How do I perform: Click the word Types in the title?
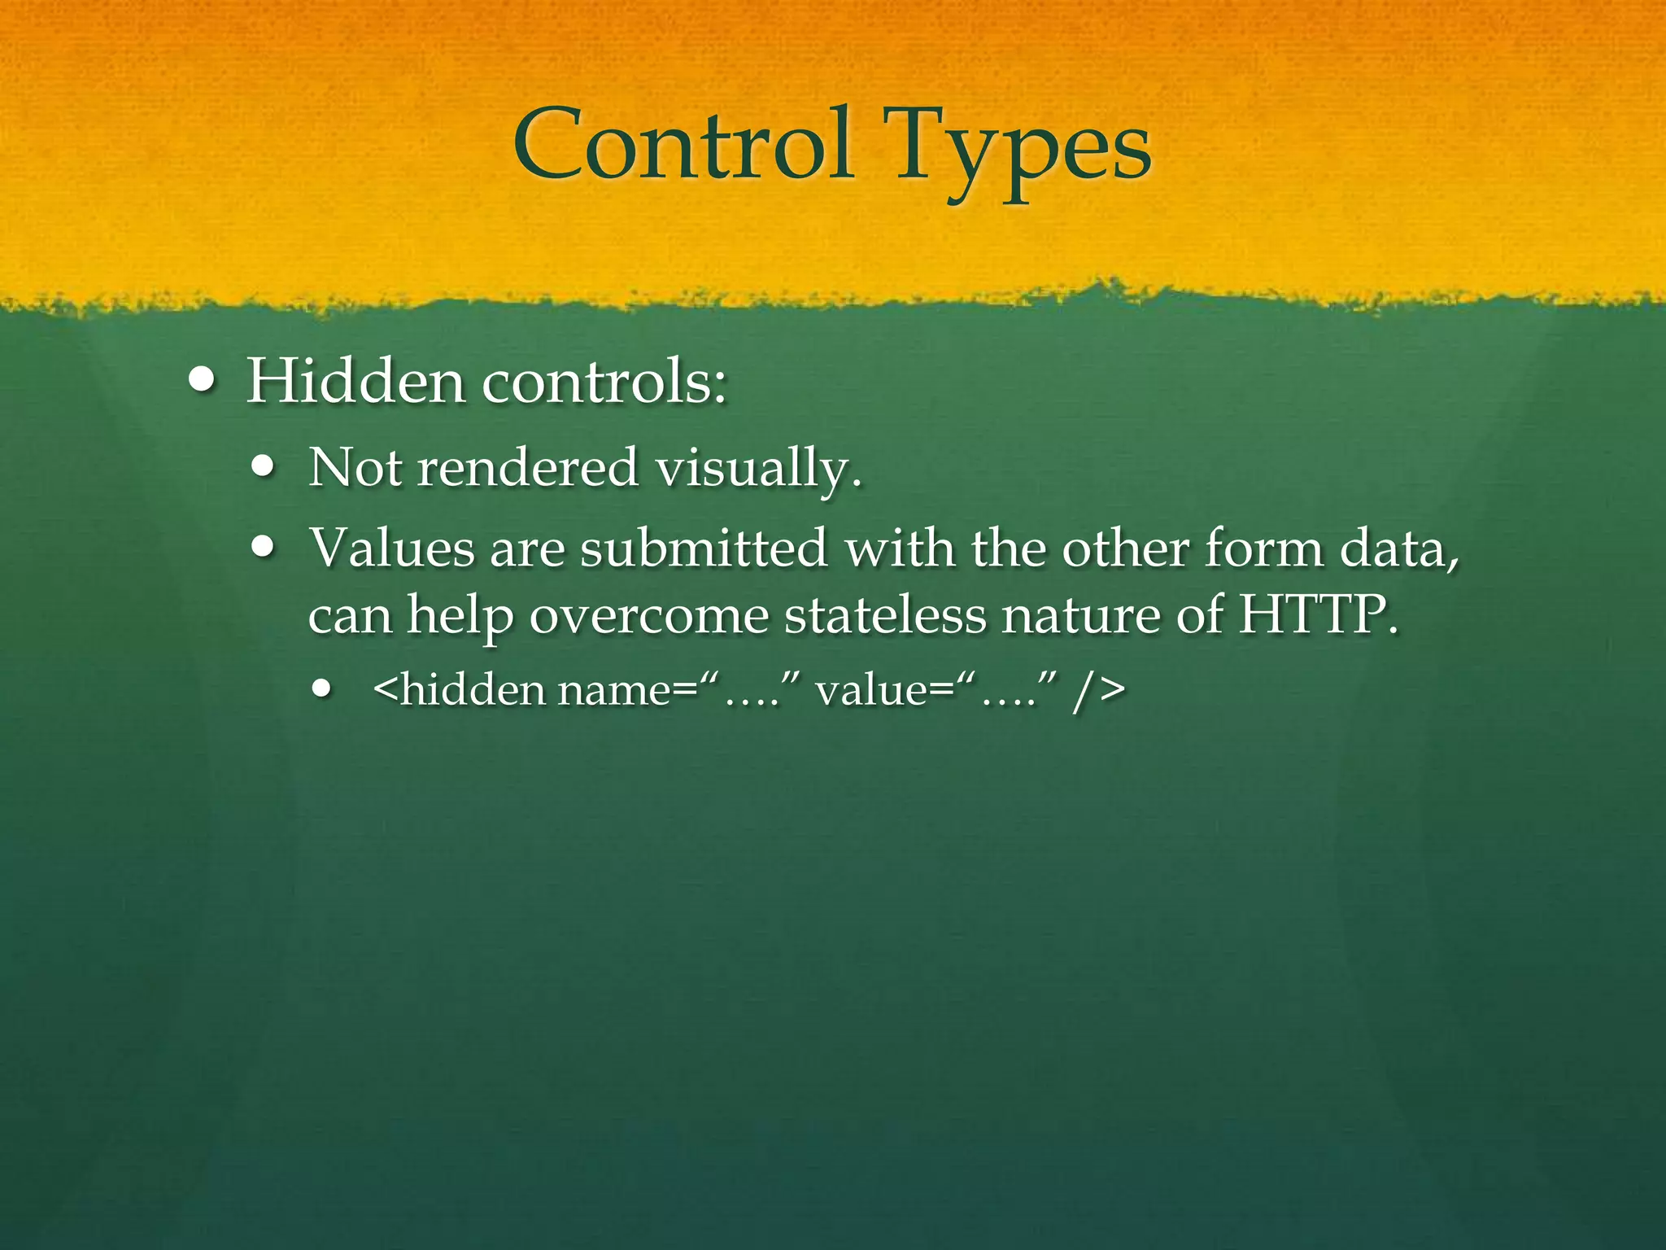(1023, 151)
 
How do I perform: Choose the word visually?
(758, 470)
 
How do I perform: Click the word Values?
(391, 548)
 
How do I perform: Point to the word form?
(1264, 548)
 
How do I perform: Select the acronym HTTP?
(1318, 614)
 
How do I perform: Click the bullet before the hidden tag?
(323, 689)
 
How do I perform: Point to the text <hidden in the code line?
(460, 690)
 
